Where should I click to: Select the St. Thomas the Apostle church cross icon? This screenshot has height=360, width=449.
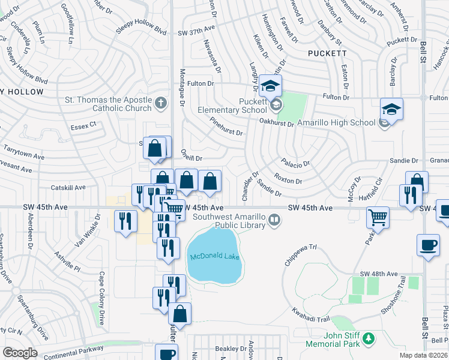pyautogui.click(x=160, y=103)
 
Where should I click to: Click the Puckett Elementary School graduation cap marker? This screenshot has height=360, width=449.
pyautogui.click(x=271, y=86)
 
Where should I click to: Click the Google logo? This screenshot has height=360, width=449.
pyautogui.click(x=20, y=353)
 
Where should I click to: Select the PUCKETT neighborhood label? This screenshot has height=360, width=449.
pyautogui.click(x=327, y=53)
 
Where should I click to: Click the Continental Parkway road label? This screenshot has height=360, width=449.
pyautogui.click(x=74, y=349)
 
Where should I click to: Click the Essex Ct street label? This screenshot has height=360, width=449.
pyautogui.click(x=83, y=125)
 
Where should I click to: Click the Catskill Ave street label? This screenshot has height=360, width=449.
pyautogui.click(x=68, y=188)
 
